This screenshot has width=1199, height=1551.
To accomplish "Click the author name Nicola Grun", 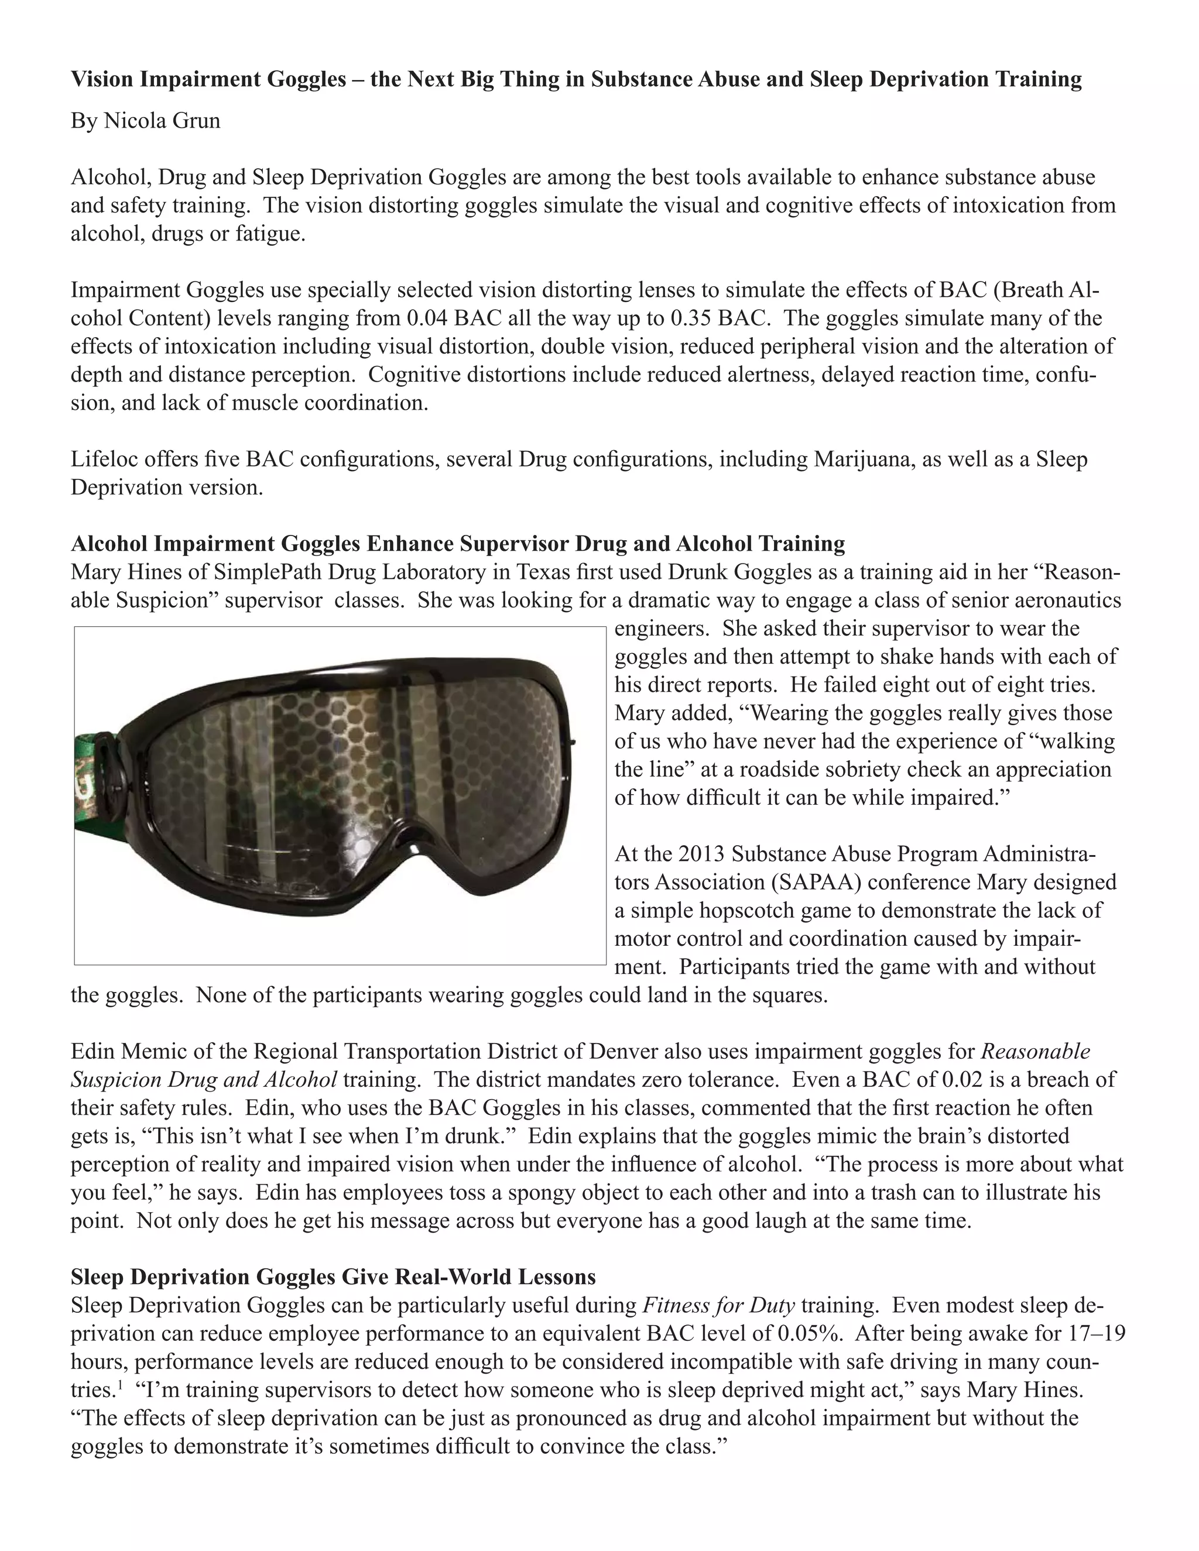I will click(162, 121).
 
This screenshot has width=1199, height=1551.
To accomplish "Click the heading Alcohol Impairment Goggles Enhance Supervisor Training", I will click(457, 544).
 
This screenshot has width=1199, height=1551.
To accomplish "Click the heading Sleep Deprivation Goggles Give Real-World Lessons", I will click(333, 1277).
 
